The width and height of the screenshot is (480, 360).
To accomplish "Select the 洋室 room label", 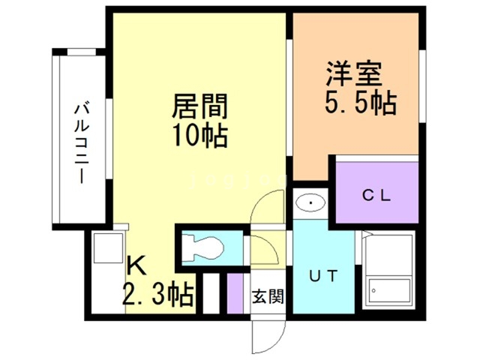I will tap(354, 75).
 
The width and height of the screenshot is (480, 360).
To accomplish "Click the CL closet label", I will tap(376, 196).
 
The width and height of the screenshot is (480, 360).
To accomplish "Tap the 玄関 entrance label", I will tap(267, 296).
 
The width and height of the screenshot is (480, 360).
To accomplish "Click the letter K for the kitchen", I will tap(136, 265).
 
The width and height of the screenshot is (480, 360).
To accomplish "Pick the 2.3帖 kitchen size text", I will tap(157, 292).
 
